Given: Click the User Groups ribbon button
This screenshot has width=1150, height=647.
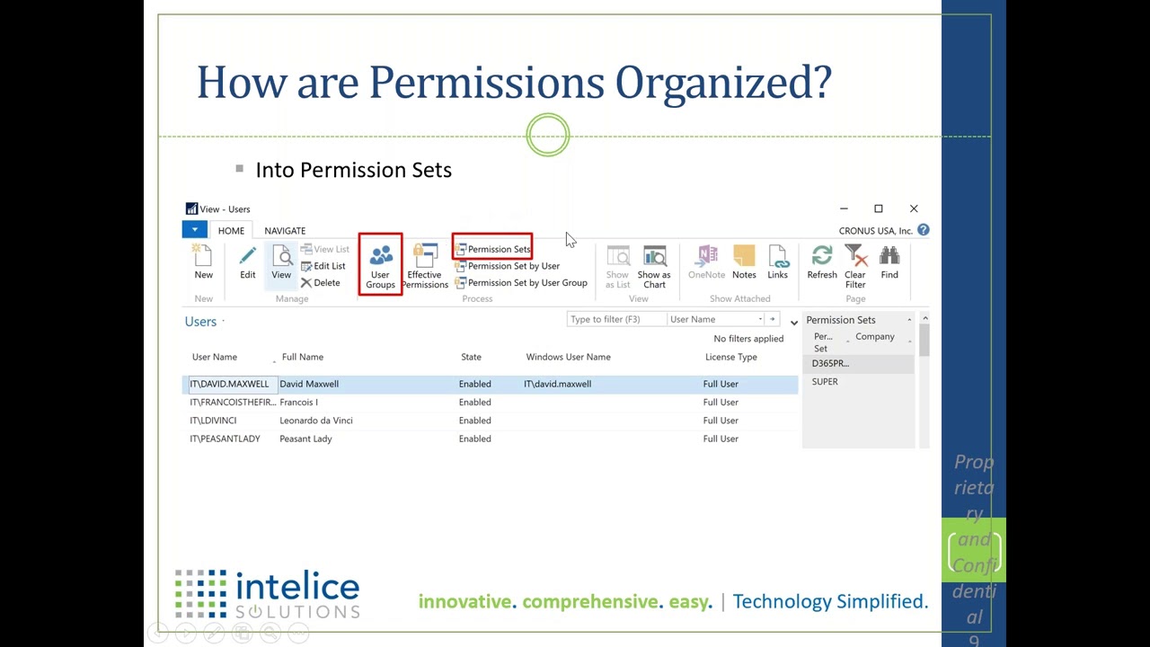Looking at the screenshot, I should pos(380,265).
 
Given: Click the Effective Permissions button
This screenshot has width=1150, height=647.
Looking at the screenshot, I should pos(424,266).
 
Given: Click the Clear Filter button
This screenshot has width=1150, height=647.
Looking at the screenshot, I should pos(854,266).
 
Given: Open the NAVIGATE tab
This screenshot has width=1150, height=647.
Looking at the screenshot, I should pos(285,231).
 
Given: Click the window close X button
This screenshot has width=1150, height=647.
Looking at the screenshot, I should pos(914,208).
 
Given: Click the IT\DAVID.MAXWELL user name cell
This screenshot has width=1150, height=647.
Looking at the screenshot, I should pos(229,384).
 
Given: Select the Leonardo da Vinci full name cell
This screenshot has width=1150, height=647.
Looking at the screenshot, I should pos(316,421).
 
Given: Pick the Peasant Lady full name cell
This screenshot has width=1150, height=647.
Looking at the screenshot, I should pos(305,439).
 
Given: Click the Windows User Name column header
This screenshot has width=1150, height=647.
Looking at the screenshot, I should pos(568,357).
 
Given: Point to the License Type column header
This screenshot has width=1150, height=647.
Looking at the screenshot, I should pos(730,357).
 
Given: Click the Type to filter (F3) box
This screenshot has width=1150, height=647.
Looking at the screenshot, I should pos(615,319).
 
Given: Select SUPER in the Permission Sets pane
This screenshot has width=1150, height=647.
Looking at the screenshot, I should pos(825,382).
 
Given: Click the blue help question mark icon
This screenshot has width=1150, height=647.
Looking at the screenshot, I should pos(923,231).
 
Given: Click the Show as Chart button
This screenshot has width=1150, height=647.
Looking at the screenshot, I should pos(654,266).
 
